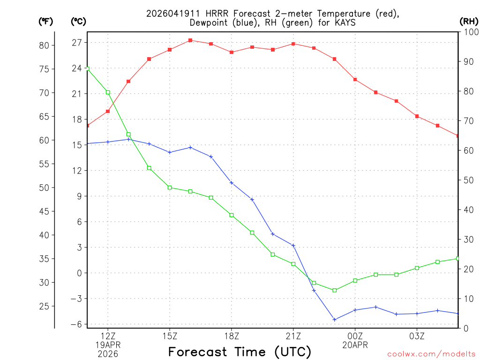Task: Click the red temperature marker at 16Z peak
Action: pos(190,40)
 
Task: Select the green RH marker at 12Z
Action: pos(108,92)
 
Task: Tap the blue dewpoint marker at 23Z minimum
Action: pos(335,319)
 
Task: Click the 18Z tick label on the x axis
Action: pos(232,336)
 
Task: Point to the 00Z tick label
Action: pos(355,336)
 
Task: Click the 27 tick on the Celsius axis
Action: pos(77,43)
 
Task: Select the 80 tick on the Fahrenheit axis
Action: pos(44,45)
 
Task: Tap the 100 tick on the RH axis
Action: pos(470,32)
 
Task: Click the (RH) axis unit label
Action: pos(469,21)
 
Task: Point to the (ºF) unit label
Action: pos(45,21)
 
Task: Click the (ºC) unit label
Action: pos(78,21)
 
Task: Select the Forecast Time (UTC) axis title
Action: pos(240,352)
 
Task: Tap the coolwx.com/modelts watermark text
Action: pos(431,354)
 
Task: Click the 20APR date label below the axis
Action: pos(355,345)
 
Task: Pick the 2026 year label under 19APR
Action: pos(108,354)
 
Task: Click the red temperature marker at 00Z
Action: pos(355,80)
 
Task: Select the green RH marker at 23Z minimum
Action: pos(335,290)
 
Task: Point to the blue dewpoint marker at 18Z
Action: pos(232,183)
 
